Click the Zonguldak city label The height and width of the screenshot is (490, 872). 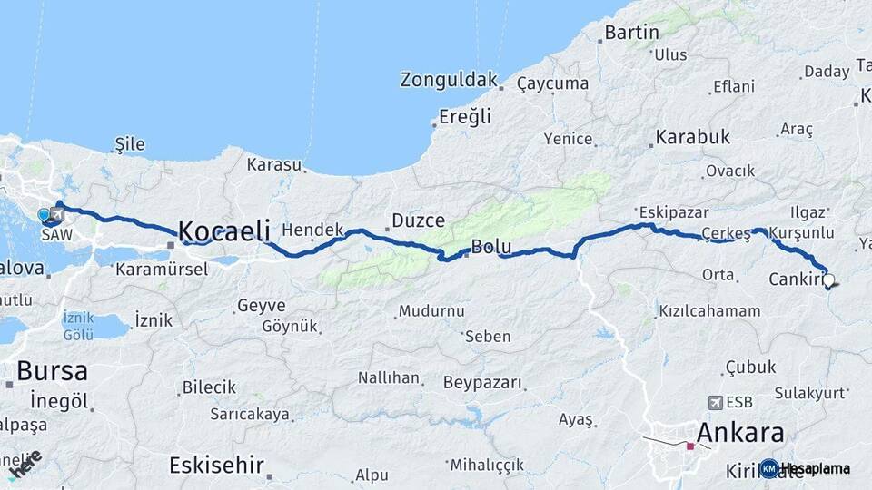tap(449, 80)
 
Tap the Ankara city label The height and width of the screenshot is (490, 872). tap(739, 431)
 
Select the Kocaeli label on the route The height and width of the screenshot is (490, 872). tap(223, 231)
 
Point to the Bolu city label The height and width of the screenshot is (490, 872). tap(491, 247)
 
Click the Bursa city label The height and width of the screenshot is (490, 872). tap(52, 370)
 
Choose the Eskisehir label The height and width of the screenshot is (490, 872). tap(216, 465)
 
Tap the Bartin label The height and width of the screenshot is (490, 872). tap(632, 33)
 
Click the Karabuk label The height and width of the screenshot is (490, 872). tap(693, 138)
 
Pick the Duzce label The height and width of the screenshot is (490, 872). tap(418, 220)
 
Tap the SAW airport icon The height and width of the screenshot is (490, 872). tap(58, 215)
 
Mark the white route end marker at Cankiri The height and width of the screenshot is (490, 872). tap(828, 281)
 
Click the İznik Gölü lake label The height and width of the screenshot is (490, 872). tap(78, 326)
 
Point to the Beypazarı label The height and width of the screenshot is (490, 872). tap(483, 383)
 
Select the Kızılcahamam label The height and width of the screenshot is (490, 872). tap(709, 311)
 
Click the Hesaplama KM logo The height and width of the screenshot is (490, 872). tap(768, 468)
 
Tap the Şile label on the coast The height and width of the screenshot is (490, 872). tap(130, 144)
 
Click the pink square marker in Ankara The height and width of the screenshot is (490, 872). tap(690, 446)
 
